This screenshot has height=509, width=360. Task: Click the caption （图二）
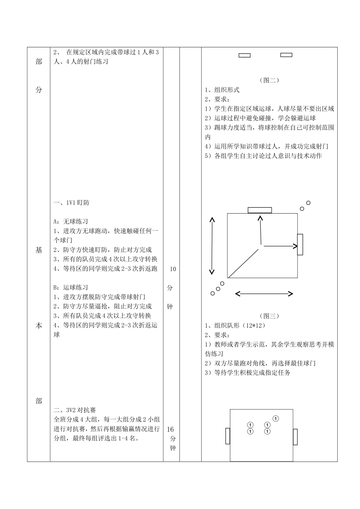(269, 80)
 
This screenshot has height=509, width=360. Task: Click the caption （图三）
(269, 316)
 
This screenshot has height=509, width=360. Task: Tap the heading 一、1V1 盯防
(72, 203)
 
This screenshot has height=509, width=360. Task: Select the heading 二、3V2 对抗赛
(75, 410)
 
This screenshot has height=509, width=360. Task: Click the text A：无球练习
(71, 222)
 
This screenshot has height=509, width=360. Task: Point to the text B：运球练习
(71, 287)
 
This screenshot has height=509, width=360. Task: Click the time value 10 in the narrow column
(173, 269)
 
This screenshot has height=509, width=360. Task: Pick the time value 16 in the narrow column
(171, 429)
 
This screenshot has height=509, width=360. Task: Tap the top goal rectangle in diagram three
(260, 210)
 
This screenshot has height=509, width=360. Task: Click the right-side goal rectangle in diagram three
(300, 245)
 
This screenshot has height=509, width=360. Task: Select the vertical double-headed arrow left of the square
(212, 246)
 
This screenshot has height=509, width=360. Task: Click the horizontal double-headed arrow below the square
(264, 294)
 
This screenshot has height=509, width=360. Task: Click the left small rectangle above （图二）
(244, 55)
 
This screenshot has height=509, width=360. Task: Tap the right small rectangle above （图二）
(286, 55)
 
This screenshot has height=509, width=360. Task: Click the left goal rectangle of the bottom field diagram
(228, 436)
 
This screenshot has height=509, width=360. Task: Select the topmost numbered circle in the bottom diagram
(276, 418)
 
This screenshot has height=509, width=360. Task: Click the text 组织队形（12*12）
(240, 325)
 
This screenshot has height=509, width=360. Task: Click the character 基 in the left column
(39, 250)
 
